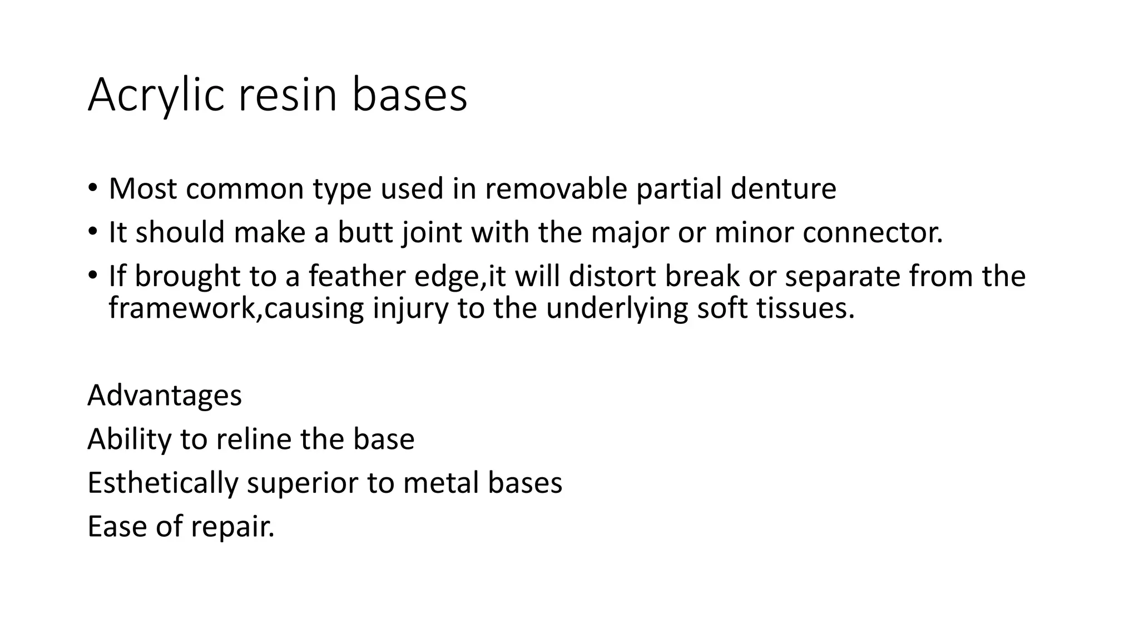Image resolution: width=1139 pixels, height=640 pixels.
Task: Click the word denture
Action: click(x=783, y=189)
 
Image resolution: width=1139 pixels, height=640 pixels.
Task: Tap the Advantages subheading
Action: click(x=165, y=396)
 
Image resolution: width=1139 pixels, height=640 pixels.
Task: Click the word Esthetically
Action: click(x=162, y=483)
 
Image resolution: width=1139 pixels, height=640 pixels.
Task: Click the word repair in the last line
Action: click(x=232, y=527)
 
